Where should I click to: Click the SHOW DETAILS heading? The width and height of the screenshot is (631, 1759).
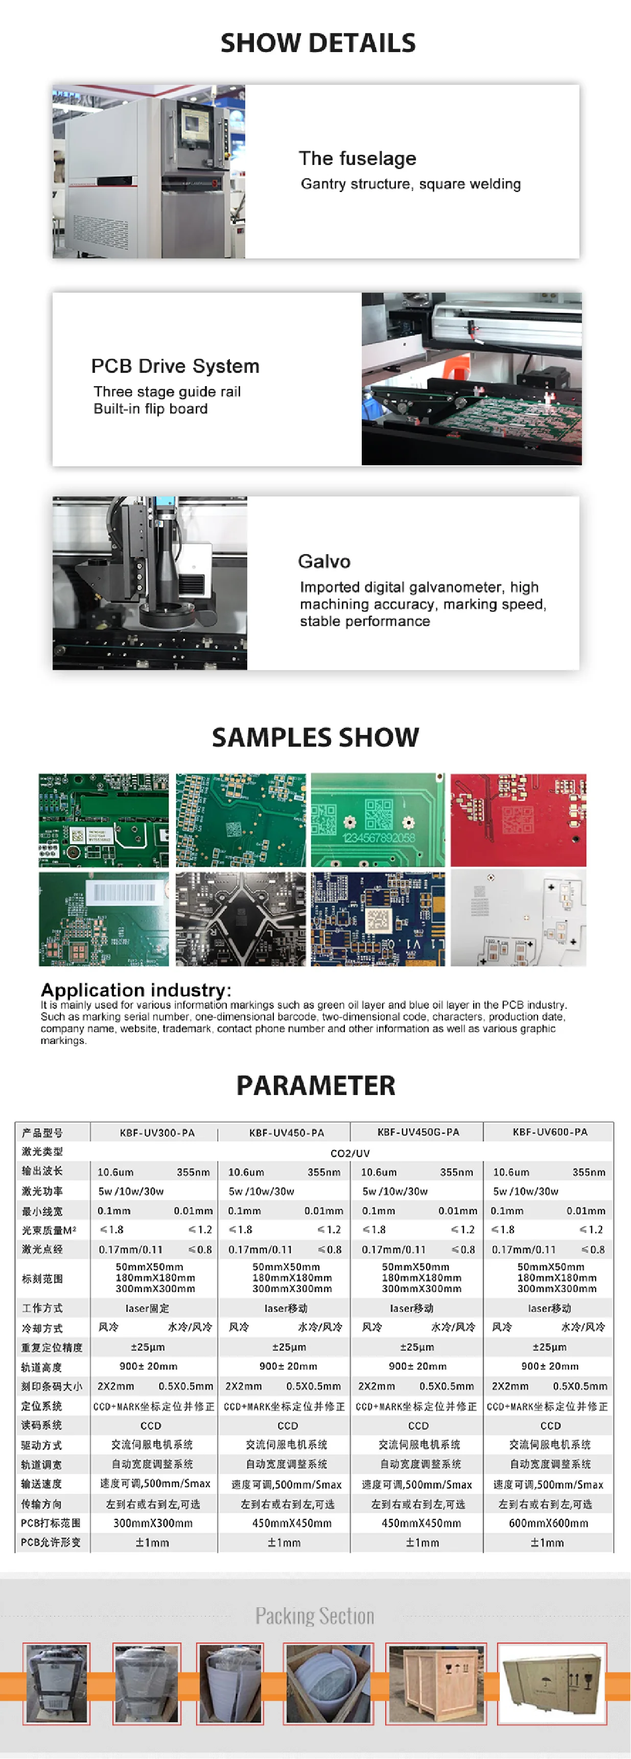[x=318, y=43]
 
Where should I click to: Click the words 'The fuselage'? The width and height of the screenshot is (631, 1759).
[x=357, y=158]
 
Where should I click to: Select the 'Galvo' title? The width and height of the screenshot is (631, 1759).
[x=324, y=561]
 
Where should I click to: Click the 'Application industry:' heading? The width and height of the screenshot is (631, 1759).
[x=136, y=989]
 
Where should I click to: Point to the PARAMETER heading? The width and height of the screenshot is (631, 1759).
[x=316, y=1085]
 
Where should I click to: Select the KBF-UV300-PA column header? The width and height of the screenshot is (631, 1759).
[x=157, y=1133]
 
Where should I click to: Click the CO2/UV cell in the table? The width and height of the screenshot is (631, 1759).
[x=349, y=1153]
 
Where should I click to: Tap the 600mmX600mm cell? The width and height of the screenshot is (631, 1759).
[x=548, y=1523]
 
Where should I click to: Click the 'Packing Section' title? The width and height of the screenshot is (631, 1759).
[x=315, y=1615]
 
